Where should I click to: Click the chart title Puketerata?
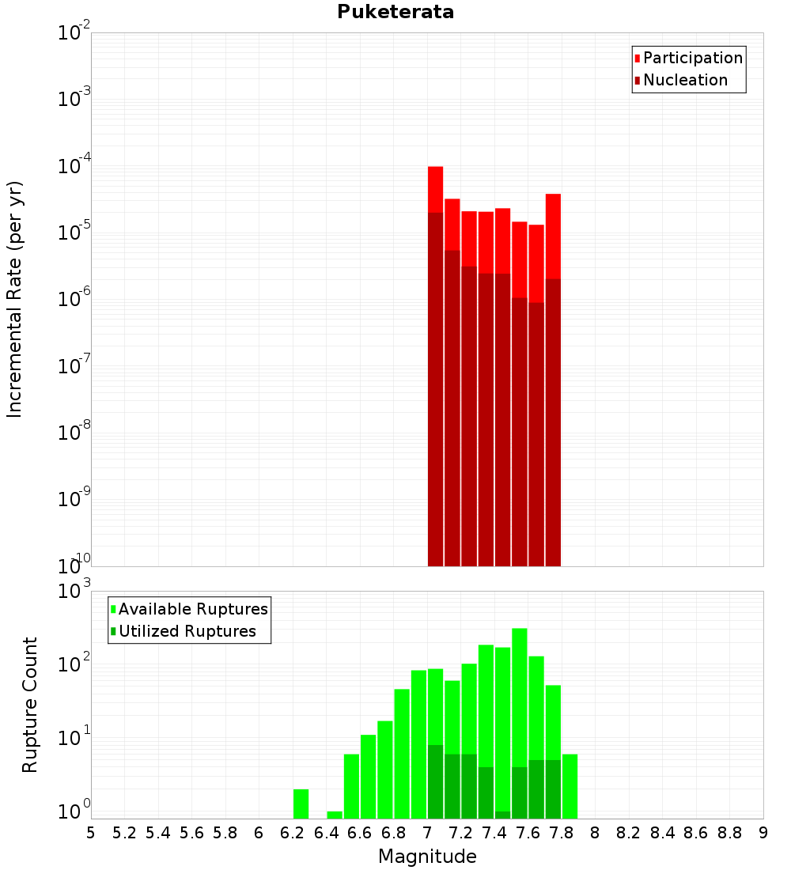pyautogui.click(x=395, y=12)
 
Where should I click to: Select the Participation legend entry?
pyautogui.click(x=693, y=58)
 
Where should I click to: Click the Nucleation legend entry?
pyautogui.click(x=685, y=80)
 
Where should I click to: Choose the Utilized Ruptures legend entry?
pyautogui.click(x=187, y=631)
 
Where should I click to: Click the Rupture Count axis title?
pyautogui.click(x=30, y=705)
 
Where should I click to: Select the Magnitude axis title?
pyautogui.click(x=427, y=857)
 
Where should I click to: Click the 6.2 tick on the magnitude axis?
pyautogui.click(x=293, y=833)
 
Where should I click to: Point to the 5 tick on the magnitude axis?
pyautogui.click(x=91, y=833)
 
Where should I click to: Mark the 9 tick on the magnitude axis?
pyautogui.click(x=763, y=833)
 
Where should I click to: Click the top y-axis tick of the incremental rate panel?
pyautogui.click(x=74, y=33)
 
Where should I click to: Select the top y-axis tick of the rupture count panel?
pyautogui.click(x=75, y=592)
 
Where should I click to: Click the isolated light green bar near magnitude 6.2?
pyautogui.click(x=301, y=804)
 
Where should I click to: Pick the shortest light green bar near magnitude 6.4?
pyautogui.click(x=335, y=815)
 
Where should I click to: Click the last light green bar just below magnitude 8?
pyautogui.click(x=570, y=786)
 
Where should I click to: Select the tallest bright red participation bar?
pyautogui.click(x=435, y=189)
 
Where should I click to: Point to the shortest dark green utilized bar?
pyautogui.click(x=502, y=815)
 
